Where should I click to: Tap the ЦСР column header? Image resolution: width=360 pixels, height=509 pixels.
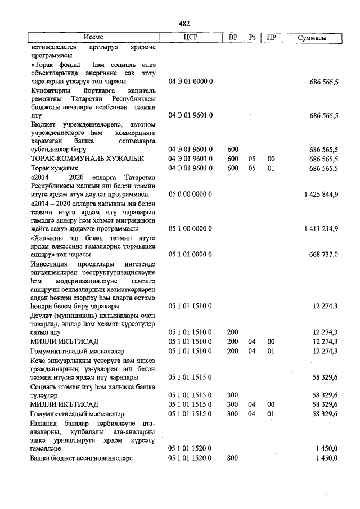point(191,38)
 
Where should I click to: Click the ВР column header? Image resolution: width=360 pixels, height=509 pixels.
point(233,38)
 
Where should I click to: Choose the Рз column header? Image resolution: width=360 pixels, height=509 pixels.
point(253,38)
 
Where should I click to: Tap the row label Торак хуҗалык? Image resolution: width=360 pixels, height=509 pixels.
point(56,168)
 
